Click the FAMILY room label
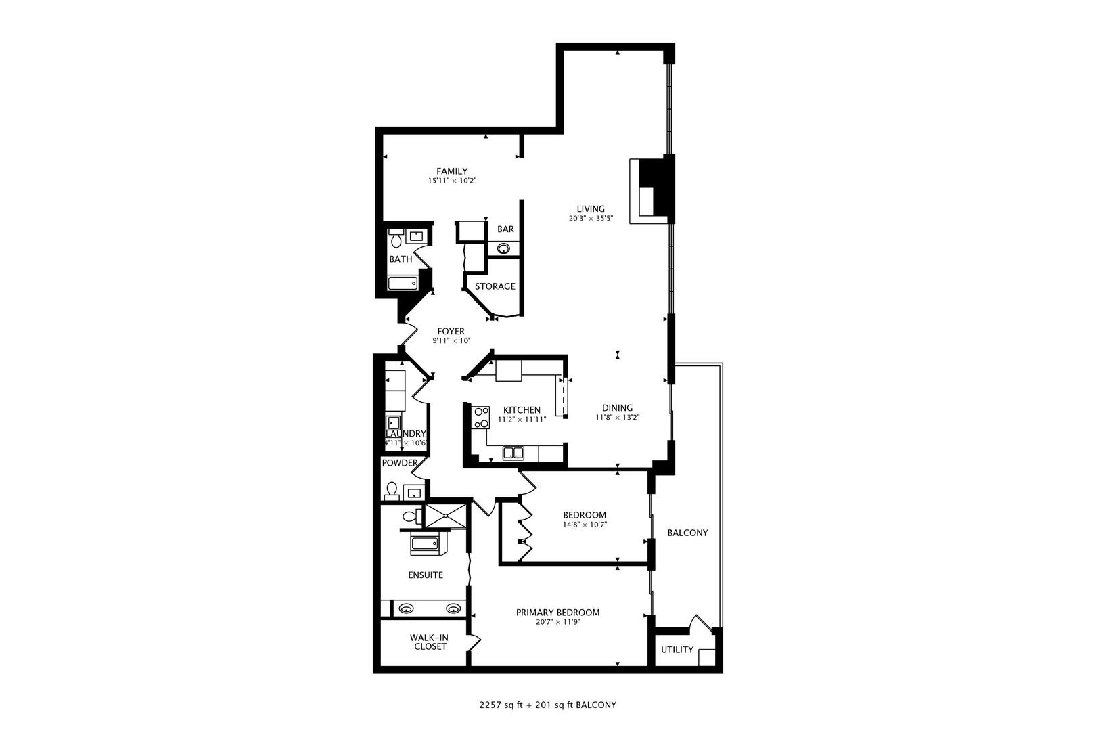(451, 171)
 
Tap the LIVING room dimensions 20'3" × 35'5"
(591, 219)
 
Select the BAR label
(505, 229)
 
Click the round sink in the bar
(503, 249)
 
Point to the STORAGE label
(495, 286)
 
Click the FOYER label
(451, 331)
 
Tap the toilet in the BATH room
(396, 238)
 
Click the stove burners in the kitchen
(481, 418)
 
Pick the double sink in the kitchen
(513, 452)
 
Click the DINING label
(617, 407)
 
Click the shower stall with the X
(446, 516)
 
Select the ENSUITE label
(426, 575)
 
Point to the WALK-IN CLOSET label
(429, 642)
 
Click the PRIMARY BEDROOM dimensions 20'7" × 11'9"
(557, 622)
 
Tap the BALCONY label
(687, 533)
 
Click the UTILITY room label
(677, 650)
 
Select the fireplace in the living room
(652, 190)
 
